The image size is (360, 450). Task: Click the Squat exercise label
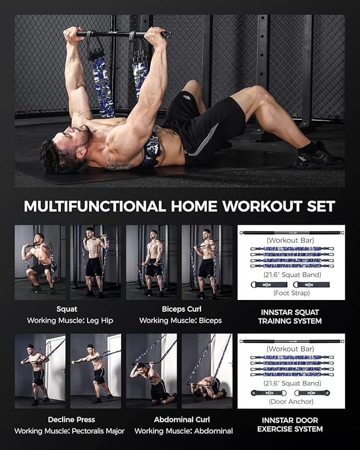click(x=66, y=308)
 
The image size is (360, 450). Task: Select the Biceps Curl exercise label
click(x=180, y=308)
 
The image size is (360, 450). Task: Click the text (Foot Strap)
click(x=291, y=293)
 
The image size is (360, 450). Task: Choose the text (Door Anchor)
click(x=291, y=401)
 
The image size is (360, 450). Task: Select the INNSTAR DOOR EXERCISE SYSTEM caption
click(x=291, y=424)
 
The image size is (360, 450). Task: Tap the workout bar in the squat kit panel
click(x=291, y=232)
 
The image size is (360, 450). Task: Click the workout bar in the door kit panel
click(x=291, y=340)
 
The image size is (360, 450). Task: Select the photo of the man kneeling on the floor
click(x=207, y=371)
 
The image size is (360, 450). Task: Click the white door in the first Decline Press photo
click(x=54, y=366)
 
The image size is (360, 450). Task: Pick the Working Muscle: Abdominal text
click(x=183, y=431)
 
